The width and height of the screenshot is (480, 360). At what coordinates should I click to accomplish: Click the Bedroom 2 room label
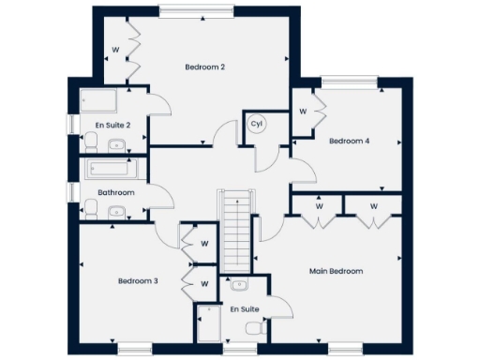coord(204,67)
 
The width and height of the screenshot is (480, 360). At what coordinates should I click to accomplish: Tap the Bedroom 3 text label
coord(137,280)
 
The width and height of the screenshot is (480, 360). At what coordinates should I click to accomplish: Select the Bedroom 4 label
coord(349,142)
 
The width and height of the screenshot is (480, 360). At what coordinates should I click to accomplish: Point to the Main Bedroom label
coord(336,271)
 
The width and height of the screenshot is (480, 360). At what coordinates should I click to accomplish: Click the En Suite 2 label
coord(112,125)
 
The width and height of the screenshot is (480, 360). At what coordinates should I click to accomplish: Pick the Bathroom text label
coord(116,193)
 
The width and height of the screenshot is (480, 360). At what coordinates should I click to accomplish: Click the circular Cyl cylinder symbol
coord(256,124)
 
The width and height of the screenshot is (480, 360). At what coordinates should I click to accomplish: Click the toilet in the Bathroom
coord(91,210)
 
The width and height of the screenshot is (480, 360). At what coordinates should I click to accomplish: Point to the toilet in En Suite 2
coord(91,142)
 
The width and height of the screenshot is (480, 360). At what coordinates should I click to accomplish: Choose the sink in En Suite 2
coord(117,144)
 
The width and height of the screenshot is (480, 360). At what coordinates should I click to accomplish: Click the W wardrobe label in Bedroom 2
coord(115,48)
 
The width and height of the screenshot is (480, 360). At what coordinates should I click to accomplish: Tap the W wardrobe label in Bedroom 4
coord(303,111)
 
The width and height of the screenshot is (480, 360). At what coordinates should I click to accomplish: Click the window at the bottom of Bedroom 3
coord(134,350)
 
